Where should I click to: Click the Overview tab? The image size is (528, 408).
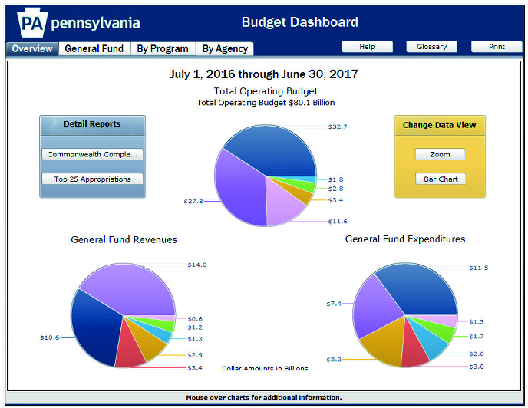pos(32,48)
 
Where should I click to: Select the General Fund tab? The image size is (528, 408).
pos(94,48)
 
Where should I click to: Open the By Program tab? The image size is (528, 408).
pos(162,48)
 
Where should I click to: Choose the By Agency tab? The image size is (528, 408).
pos(225,48)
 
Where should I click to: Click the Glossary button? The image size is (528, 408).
pos(431,47)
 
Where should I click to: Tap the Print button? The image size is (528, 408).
pos(496,47)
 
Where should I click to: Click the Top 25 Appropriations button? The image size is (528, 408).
pos(92,179)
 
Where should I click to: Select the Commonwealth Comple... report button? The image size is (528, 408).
pos(92,154)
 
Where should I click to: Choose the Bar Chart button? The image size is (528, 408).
pos(440,179)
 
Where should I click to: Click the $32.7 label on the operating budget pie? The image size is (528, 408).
pos(338,127)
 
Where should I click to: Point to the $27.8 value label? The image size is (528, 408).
pos(193,201)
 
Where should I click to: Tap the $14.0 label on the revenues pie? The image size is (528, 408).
pos(197,265)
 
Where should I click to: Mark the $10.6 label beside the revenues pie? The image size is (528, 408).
pos(50,337)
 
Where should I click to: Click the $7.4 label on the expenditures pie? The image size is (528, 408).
pos(333,304)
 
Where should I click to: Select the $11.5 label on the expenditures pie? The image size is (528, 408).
pos(478,268)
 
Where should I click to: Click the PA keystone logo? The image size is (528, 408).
pos(29,23)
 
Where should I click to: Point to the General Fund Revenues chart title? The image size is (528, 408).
pos(124,239)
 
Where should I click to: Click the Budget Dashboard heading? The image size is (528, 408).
pos(299,22)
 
